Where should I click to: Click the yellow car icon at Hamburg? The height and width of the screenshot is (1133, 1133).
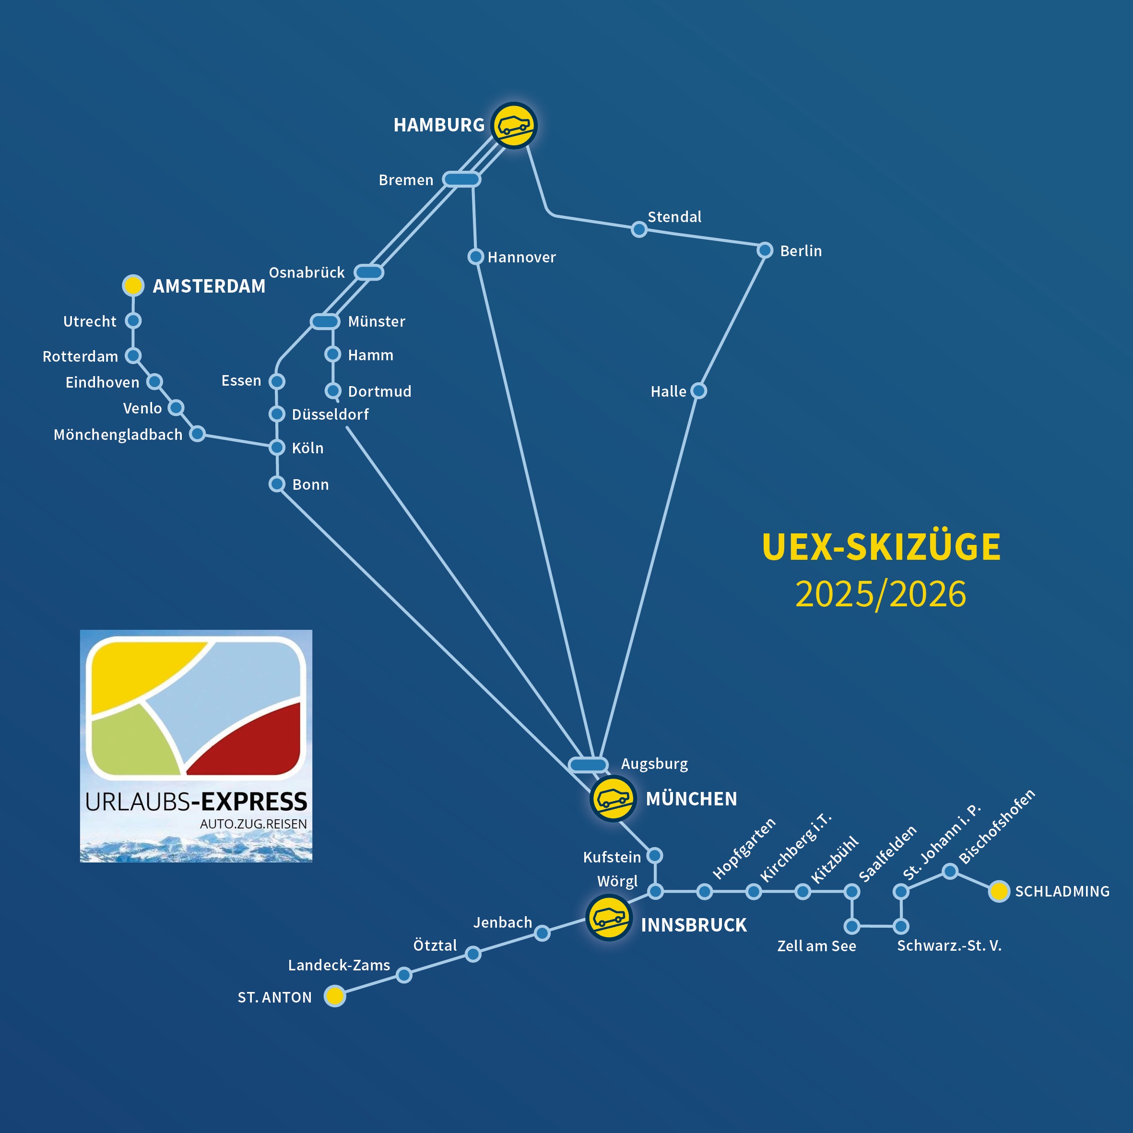click(514, 126)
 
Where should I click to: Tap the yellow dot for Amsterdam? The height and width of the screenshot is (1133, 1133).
click(133, 285)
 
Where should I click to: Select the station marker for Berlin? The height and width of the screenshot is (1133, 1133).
click(765, 250)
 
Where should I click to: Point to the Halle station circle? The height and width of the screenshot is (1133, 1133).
click(698, 390)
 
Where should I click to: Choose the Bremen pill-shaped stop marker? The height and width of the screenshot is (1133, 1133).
click(461, 179)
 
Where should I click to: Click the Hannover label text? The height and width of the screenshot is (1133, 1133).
click(521, 258)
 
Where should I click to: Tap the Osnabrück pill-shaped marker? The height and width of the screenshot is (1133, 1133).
click(369, 272)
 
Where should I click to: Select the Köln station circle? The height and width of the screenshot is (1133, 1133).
click(277, 448)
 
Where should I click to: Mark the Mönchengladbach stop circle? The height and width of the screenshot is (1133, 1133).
click(198, 434)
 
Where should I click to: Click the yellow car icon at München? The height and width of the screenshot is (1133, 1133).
click(613, 798)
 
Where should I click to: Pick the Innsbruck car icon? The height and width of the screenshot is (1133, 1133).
click(609, 918)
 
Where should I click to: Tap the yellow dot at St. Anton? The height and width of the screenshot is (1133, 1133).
click(335, 996)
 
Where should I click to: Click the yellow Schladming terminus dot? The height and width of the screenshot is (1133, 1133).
click(999, 891)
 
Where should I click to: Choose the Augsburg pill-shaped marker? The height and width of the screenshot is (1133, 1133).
click(588, 765)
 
